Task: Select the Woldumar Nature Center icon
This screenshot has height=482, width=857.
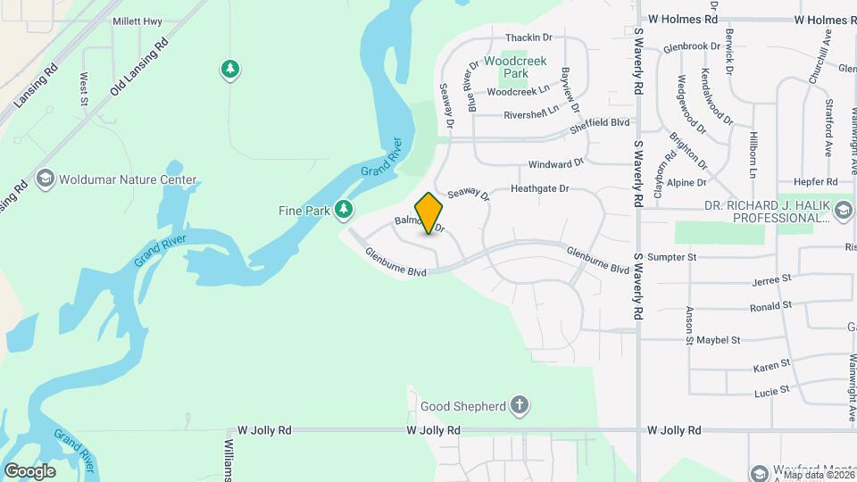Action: (x=44, y=179)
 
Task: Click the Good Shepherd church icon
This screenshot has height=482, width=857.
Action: (x=520, y=406)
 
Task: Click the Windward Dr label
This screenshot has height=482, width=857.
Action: (x=555, y=164)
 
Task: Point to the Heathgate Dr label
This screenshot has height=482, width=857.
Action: (x=539, y=189)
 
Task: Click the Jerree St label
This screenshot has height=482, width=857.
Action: (x=772, y=279)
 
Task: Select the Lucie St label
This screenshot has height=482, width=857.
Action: (x=771, y=390)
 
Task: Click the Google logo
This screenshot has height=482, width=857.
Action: (x=29, y=470)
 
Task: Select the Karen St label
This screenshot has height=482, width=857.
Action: (x=771, y=365)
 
